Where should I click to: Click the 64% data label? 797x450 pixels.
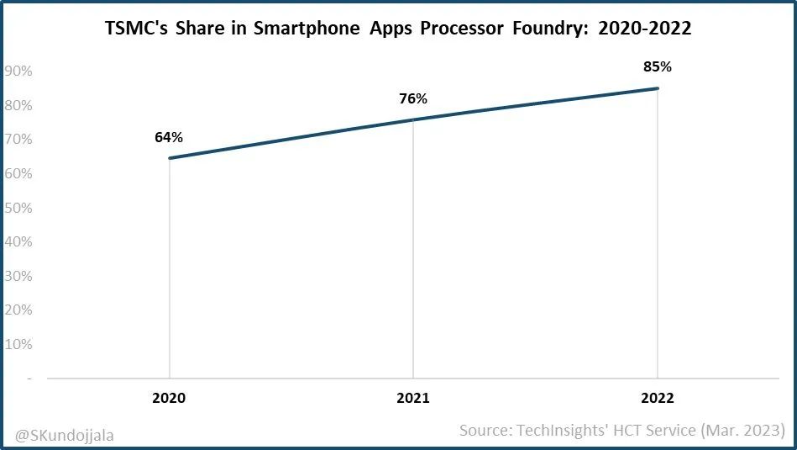pyautogui.click(x=169, y=137)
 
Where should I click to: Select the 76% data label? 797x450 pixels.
pyautogui.click(x=413, y=98)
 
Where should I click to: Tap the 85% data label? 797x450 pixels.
pyautogui.click(x=658, y=66)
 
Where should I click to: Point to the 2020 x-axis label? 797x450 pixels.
pyautogui.click(x=169, y=398)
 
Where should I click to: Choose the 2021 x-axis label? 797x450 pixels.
pyautogui.click(x=413, y=398)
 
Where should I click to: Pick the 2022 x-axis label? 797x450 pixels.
pyautogui.click(x=657, y=398)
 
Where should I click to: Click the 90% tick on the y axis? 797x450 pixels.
pyautogui.click(x=18, y=71)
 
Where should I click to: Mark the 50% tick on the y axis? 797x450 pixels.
pyautogui.click(x=18, y=208)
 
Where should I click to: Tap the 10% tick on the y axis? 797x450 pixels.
pyautogui.click(x=18, y=344)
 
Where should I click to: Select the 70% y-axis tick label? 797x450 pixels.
pyautogui.click(x=18, y=140)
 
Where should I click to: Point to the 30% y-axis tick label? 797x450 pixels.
pyautogui.click(x=18, y=276)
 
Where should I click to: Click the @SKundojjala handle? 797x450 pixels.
pyautogui.click(x=65, y=435)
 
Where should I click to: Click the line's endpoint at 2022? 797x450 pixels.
pyautogui.click(x=658, y=88)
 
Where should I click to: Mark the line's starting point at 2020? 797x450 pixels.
pyautogui.click(x=170, y=158)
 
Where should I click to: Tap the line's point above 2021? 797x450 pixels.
pyautogui.click(x=413, y=119)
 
